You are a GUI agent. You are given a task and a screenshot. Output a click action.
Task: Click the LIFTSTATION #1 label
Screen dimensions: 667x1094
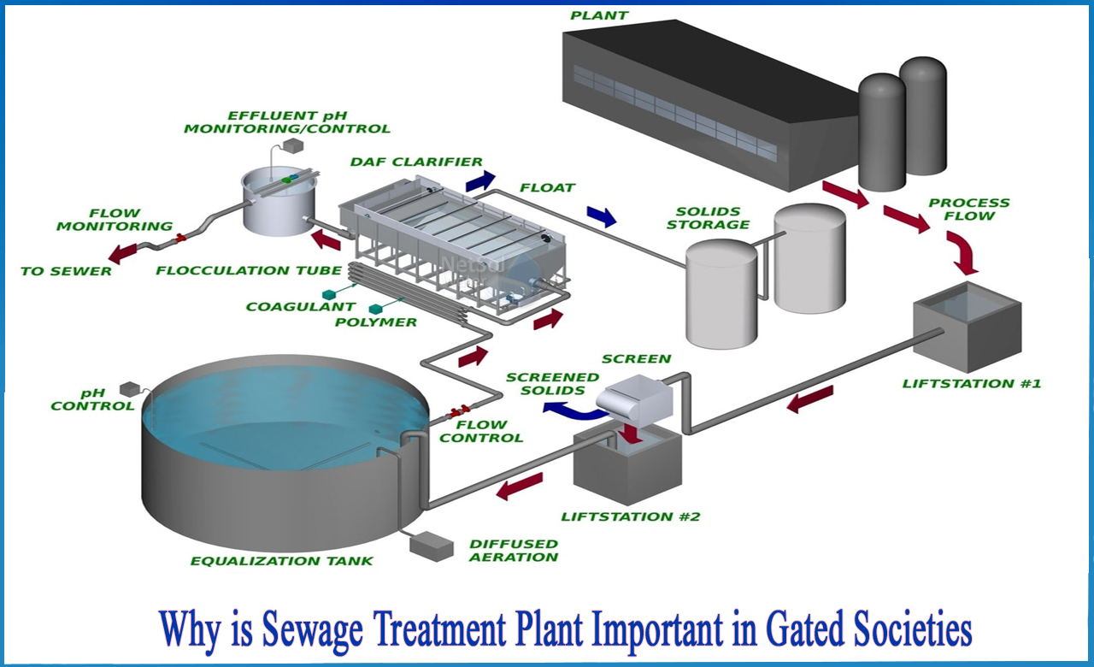(x=972, y=383)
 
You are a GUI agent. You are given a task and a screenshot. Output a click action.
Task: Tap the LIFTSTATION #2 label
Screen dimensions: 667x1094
(x=631, y=516)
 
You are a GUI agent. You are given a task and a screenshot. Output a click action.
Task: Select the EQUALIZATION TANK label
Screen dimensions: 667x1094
(x=281, y=561)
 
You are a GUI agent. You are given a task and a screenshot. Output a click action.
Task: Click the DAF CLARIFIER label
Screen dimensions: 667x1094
(x=416, y=162)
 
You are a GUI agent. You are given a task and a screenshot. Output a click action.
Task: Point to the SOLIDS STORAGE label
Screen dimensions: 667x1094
(x=708, y=218)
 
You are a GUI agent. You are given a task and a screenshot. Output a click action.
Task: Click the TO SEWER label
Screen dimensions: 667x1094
(x=66, y=271)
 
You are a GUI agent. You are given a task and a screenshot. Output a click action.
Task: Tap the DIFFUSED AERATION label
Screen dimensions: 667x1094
(x=514, y=550)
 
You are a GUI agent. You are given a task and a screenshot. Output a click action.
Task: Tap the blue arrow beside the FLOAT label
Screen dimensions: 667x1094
(x=603, y=216)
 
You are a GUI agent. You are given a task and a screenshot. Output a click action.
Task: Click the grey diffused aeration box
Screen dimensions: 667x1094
(x=431, y=545)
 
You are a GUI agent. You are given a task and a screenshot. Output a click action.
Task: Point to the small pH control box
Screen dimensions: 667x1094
(x=129, y=388)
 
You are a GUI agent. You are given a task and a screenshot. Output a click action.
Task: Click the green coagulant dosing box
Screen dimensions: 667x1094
(x=329, y=294)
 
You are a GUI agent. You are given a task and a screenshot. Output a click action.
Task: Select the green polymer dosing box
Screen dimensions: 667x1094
(x=374, y=308)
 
